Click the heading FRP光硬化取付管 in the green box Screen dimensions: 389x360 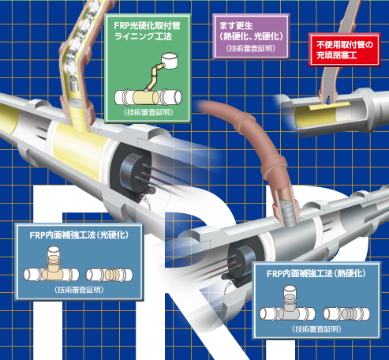point(148,25)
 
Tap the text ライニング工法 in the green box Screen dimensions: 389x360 point(144,36)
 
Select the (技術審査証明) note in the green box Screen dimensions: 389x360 point(148,112)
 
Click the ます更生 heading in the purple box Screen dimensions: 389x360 point(236,25)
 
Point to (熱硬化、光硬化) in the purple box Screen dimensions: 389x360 point(251,36)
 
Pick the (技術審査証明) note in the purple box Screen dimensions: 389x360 point(251,48)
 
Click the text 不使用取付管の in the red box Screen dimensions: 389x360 point(345,45)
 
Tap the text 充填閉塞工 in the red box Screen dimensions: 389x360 point(337,55)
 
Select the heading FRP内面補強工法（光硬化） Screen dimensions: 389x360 point(79,235)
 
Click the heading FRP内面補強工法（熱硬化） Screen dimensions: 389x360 point(316,274)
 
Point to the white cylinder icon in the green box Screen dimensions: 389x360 point(170,61)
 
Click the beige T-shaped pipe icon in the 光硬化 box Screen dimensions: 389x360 point(51,266)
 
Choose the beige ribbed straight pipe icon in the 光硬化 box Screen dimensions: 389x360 point(110,275)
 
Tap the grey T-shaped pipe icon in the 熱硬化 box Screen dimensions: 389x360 point(287,305)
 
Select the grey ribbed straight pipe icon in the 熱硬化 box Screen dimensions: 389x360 point(346,313)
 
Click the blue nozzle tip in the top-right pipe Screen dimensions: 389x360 point(328,101)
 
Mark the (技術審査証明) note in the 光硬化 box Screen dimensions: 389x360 point(79,290)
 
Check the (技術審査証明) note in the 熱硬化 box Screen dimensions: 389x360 point(316,329)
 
